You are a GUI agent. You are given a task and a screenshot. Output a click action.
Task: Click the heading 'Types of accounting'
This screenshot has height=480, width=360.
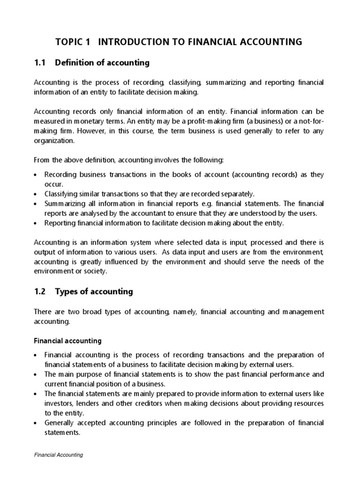94,292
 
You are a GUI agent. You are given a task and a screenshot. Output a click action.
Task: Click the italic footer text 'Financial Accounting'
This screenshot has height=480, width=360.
59,455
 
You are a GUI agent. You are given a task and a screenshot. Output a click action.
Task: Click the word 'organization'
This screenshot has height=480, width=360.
54,140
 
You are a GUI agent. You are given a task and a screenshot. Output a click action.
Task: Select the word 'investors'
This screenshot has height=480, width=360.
60,403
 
